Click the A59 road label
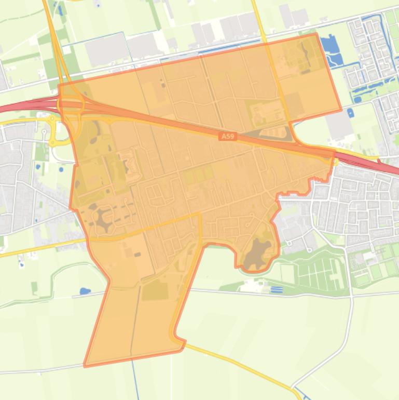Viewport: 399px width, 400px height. click(x=227, y=136)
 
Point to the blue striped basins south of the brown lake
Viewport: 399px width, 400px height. click(x=277, y=289)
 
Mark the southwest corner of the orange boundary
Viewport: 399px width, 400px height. click(x=85, y=366)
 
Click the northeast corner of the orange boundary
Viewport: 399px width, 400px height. click(x=316, y=34)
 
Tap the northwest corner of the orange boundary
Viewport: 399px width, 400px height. click(x=60, y=85)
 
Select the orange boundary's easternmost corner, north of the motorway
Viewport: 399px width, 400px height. click(x=341, y=110)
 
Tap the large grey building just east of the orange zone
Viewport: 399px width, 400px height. click(x=339, y=125)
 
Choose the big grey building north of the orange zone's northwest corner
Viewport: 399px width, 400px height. click(x=106, y=49)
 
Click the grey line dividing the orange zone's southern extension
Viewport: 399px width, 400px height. click(x=135, y=322)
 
